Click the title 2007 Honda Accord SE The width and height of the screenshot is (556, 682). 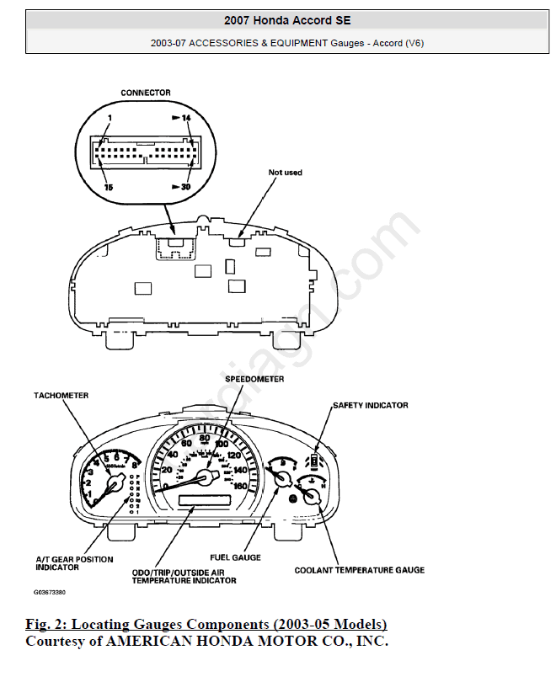[287, 19]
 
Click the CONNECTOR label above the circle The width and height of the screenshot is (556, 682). [145, 93]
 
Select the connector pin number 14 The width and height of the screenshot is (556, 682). [186, 119]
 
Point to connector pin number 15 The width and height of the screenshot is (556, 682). [108, 186]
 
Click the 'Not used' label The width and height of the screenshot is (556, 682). [285, 173]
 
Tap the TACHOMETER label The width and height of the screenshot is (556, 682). [61, 395]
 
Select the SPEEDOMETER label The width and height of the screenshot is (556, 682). [254, 379]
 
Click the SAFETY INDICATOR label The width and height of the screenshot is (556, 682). [370, 405]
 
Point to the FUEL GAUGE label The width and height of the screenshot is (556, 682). [235, 557]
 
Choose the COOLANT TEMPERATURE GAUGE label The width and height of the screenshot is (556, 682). [359, 570]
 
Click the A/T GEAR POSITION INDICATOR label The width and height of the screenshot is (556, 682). [74, 563]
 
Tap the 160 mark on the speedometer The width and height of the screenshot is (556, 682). [239, 486]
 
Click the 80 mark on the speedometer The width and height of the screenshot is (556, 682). [205, 439]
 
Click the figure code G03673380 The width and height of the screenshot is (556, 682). [51, 592]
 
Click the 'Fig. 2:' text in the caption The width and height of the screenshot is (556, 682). [47, 625]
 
